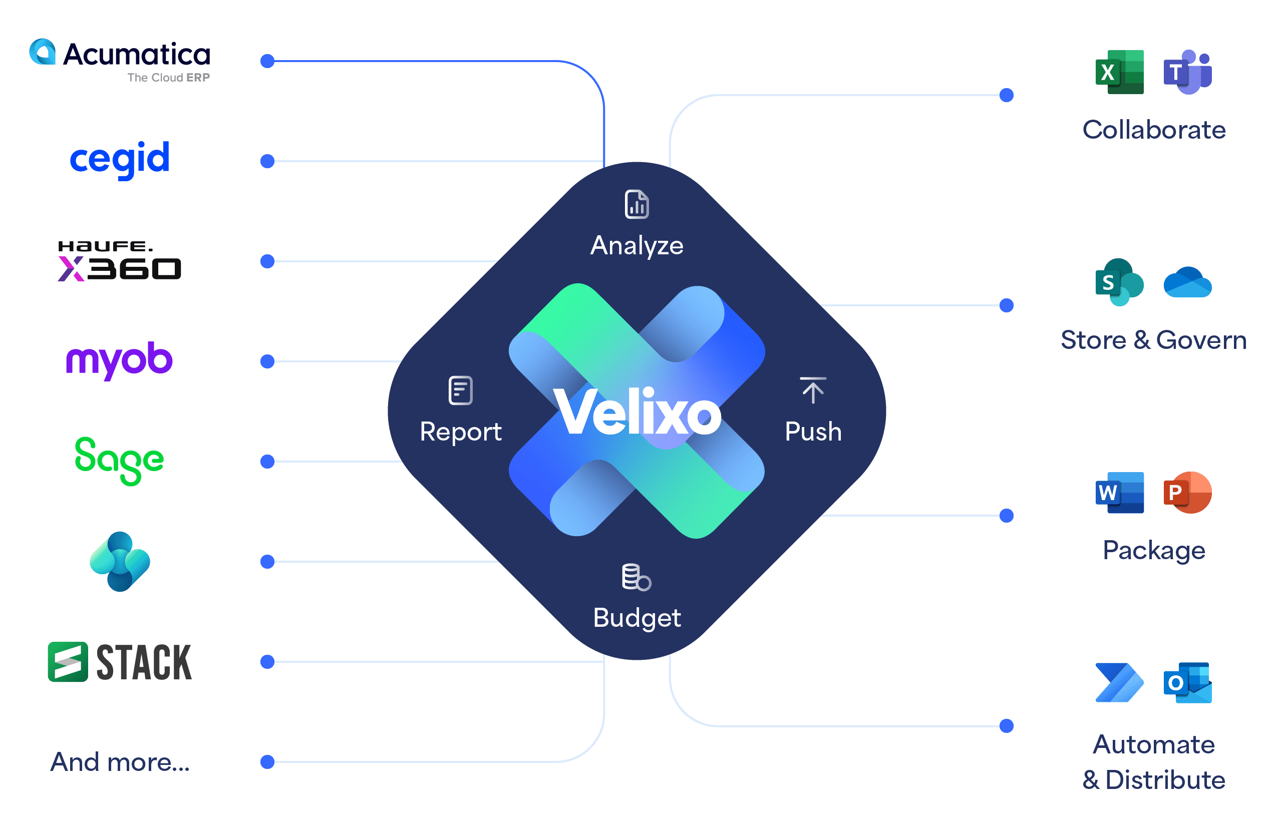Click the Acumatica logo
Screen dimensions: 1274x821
[x=120, y=60]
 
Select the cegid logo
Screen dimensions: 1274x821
[x=120, y=159]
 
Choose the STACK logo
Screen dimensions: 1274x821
[x=120, y=662]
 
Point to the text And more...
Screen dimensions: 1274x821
[x=120, y=762]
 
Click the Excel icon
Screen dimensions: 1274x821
[x=1119, y=72]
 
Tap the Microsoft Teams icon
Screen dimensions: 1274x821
[x=1187, y=72]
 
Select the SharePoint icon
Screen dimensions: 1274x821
[x=1119, y=282]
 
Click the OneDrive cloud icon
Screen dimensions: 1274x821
[x=1187, y=282]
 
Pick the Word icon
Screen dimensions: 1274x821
[x=1119, y=493]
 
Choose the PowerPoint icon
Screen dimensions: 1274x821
[x=1187, y=493]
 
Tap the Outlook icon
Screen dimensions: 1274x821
[x=1187, y=683]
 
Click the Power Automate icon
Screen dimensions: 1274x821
[x=1119, y=683]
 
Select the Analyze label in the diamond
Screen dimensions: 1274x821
[x=636, y=246]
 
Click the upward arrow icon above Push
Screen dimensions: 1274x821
[x=813, y=390]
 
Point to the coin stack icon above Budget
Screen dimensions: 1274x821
[x=636, y=577]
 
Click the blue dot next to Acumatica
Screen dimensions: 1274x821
[x=267, y=61]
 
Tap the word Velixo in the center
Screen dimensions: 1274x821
[x=638, y=412]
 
